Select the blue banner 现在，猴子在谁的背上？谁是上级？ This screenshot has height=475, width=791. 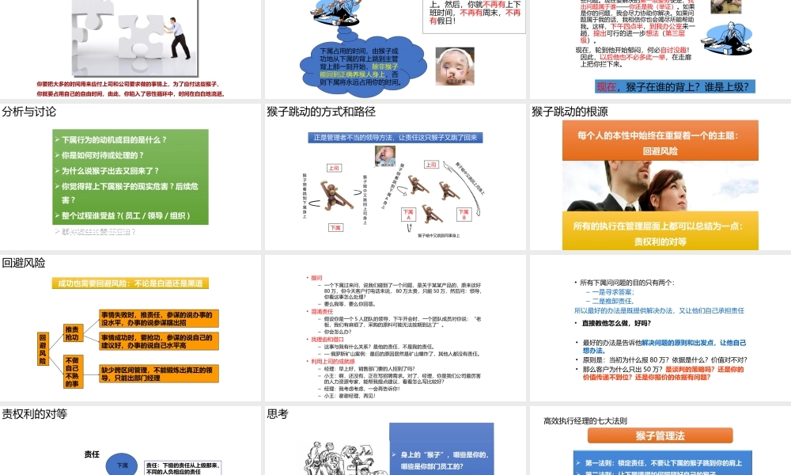point(673,86)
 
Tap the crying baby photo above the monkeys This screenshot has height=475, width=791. point(385,156)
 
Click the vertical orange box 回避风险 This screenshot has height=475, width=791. point(44,349)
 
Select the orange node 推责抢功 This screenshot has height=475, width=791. point(72,333)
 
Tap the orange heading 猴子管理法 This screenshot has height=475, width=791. point(659,436)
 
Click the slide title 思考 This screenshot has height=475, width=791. point(278,413)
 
